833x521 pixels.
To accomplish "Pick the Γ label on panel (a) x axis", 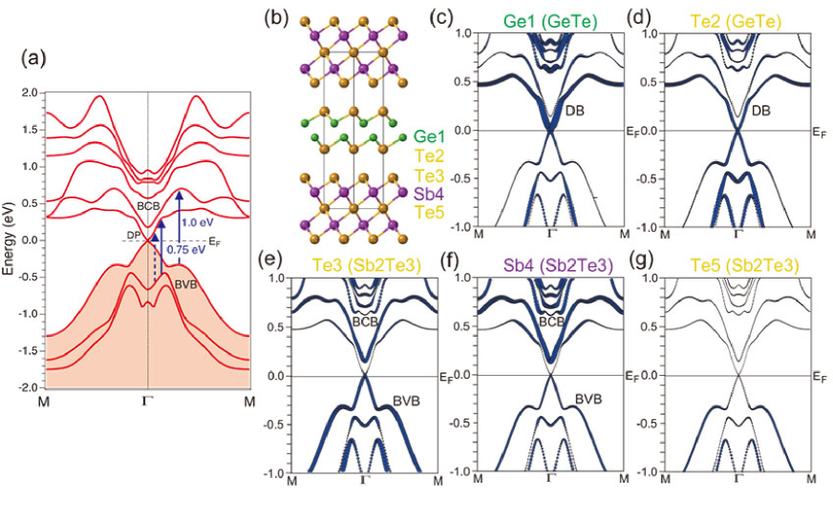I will click(x=147, y=402).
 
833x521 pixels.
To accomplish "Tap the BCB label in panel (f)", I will click(x=550, y=323).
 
